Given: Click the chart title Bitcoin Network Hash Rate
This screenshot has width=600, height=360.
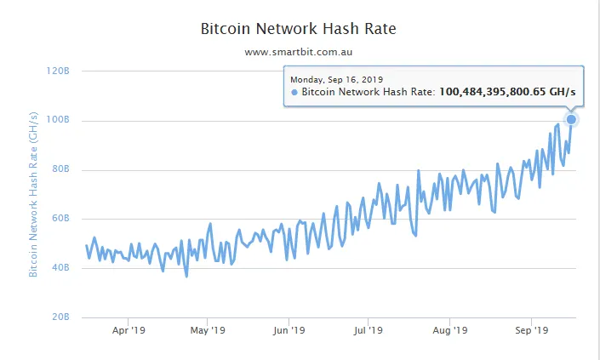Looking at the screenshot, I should tap(298, 28).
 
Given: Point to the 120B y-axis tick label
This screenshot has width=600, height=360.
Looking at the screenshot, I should tap(57, 71).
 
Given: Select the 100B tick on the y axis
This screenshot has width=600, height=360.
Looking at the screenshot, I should tap(57, 120).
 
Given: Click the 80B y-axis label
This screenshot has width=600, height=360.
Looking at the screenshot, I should tap(59, 169).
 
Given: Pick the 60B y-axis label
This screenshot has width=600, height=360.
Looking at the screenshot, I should tap(59, 219).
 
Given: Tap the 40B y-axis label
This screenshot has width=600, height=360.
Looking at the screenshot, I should tap(59, 268).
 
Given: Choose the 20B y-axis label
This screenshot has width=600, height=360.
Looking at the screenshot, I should tap(59, 317).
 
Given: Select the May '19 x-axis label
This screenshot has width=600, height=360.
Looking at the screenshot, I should tap(207, 330).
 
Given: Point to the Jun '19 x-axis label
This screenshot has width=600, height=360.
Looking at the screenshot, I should tap(289, 330).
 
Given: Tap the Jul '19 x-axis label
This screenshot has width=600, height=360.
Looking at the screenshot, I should tap(369, 330).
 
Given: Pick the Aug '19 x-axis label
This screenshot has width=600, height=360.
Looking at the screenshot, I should tap(450, 330).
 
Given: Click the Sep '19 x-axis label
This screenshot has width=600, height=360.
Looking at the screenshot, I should tap(531, 330).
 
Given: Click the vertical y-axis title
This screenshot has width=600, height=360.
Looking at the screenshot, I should tap(34, 194).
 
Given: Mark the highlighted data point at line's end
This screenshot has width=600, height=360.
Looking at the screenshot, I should tap(571, 119).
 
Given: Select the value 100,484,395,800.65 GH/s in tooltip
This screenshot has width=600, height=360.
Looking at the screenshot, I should tap(507, 92).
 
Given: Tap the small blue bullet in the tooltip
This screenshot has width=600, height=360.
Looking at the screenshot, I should tap(294, 92).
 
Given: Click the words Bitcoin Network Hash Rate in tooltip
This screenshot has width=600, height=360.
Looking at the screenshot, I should tap(368, 92).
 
